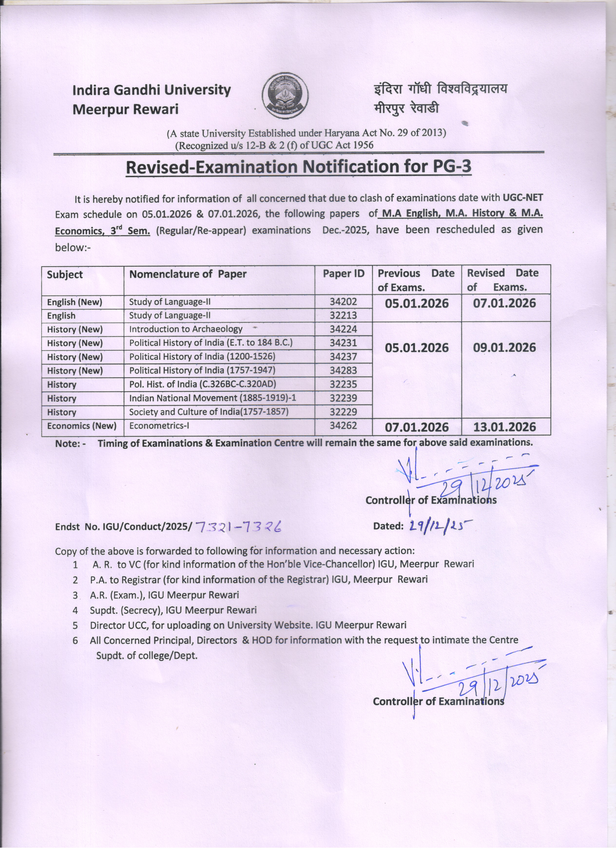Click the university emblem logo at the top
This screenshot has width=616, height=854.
tap(285, 95)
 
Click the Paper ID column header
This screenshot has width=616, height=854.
tap(343, 274)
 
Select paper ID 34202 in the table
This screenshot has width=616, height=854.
tap(343, 302)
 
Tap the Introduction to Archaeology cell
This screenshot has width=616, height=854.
tap(186, 329)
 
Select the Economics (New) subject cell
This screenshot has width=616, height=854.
tap(81, 426)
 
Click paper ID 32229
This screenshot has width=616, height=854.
tap(343, 412)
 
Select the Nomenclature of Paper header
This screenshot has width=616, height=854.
tap(188, 274)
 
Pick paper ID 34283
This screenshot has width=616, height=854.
tap(343, 370)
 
